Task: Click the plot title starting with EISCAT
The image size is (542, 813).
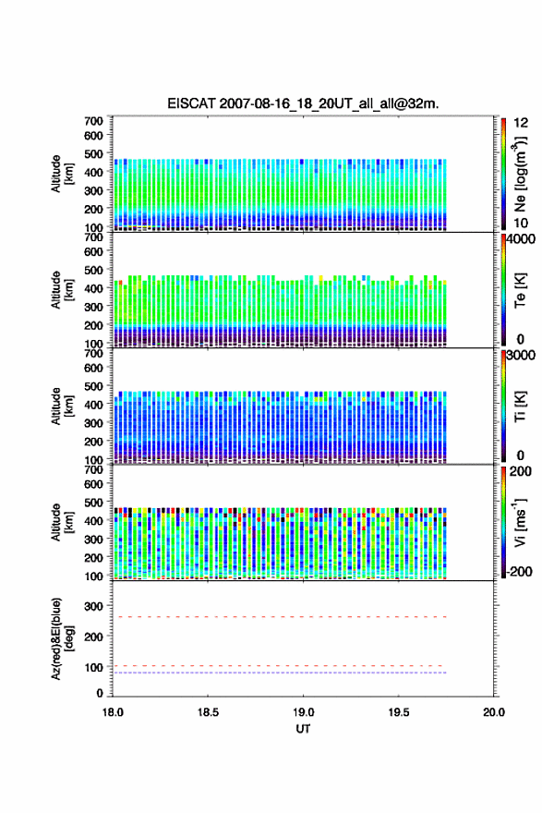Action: (x=303, y=103)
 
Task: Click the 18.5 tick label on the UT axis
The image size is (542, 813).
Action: (x=208, y=712)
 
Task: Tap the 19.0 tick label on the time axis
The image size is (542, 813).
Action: (x=303, y=712)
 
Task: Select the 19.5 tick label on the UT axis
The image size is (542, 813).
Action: (x=399, y=712)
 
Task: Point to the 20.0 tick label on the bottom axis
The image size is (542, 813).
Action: (x=494, y=712)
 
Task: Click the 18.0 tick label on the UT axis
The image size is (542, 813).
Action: (x=113, y=712)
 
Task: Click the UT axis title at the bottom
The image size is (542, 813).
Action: (x=303, y=729)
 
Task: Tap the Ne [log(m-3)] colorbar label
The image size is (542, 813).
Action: (x=520, y=175)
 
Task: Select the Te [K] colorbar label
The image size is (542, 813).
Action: (x=520, y=290)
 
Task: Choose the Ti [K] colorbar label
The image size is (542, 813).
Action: (x=520, y=406)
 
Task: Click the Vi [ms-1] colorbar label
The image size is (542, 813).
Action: (x=520, y=522)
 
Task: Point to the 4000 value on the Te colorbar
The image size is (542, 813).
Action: (x=520, y=239)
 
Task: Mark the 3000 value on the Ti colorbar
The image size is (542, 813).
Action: (x=521, y=355)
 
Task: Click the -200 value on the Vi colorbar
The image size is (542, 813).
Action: (x=517, y=571)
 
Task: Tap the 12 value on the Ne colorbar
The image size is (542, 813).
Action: (x=521, y=123)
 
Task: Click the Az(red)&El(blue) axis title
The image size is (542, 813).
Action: (x=61, y=638)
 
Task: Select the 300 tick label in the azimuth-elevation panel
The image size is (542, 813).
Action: (x=94, y=606)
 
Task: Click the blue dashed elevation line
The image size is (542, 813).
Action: (x=279, y=673)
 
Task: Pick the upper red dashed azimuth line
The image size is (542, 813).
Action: (x=279, y=617)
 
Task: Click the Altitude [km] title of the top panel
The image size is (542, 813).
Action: (x=61, y=175)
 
